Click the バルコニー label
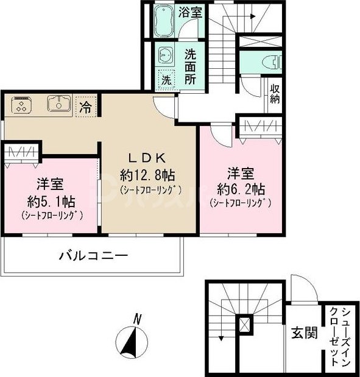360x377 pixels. coord(93,256)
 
